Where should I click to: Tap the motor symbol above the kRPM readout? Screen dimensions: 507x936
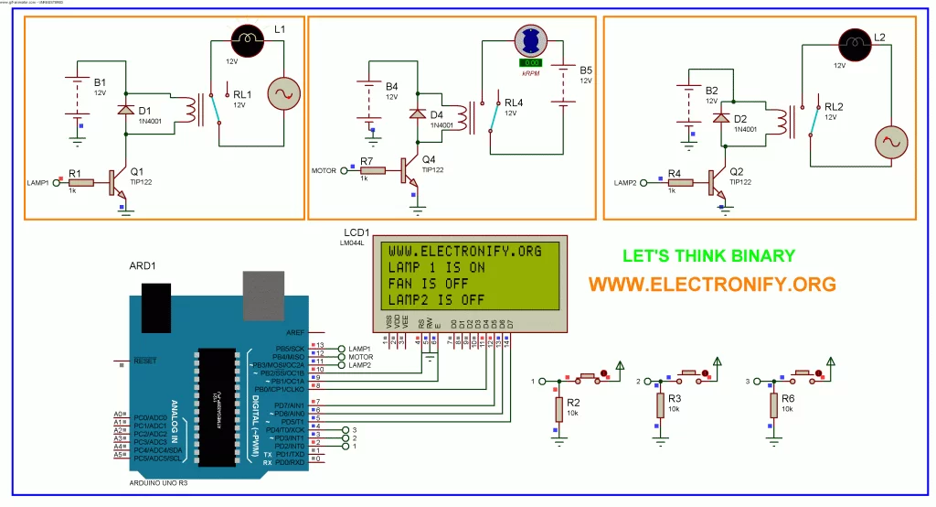click(x=529, y=41)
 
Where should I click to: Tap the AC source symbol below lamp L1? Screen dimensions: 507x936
click(x=282, y=94)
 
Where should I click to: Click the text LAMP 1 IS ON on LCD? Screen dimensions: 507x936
click(x=436, y=267)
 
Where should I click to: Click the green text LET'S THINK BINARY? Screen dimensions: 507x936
click(x=708, y=256)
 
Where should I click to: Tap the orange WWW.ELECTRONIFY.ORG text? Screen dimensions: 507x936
click(x=711, y=284)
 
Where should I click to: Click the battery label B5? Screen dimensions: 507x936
click(x=585, y=70)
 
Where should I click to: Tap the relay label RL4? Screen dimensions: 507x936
click(x=514, y=102)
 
